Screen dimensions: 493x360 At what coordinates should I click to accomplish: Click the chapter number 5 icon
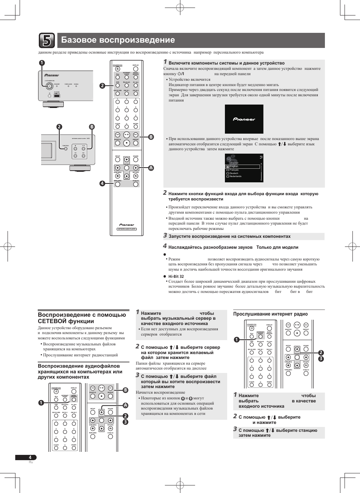pyautogui.click(x=46, y=40)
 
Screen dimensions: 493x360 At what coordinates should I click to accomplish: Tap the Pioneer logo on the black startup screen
pyautogui.click(x=244, y=119)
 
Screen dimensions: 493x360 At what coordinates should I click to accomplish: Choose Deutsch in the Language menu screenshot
pyautogui.click(x=234, y=173)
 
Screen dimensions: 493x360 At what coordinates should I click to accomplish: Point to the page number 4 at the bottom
pyautogui.click(x=30, y=458)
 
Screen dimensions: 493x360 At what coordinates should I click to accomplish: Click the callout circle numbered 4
pyautogui.click(x=102, y=183)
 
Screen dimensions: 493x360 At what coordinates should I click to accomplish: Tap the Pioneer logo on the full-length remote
pyautogui.click(x=127, y=225)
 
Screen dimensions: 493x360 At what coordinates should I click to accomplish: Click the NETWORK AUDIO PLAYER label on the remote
pyautogui.click(x=127, y=229)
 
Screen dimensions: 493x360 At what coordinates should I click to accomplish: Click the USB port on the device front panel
pyautogui.click(x=57, y=96)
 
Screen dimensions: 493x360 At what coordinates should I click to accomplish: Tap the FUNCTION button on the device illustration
pyautogui.click(x=66, y=148)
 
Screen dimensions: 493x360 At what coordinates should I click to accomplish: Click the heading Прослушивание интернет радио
pyautogui.click(x=270, y=314)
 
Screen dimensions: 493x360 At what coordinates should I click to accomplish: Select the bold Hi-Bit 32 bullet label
pyautogui.click(x=176, y=276)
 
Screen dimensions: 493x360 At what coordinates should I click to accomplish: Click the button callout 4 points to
pyautogui.click(x=117, y=184)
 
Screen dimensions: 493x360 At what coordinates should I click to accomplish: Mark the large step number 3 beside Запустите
pyautogui.click(x=165, y=236)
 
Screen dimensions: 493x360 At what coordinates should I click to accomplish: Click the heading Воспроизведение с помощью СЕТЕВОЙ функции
pyautogui.click(x=82, y=318)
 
